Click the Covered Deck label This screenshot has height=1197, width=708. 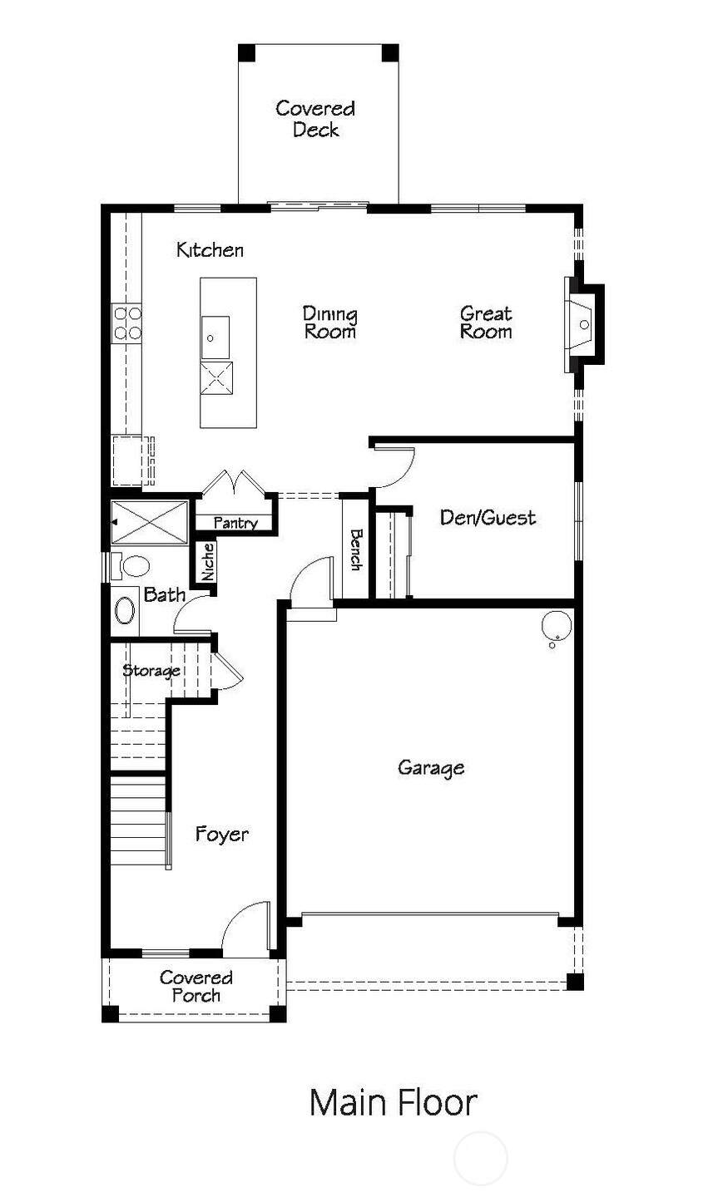(315, 119)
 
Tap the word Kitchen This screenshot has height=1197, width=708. (210, 250)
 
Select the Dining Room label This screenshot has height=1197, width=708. (330, 323)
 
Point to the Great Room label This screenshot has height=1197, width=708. (486, 323)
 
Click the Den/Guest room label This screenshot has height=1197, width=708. (488, 517)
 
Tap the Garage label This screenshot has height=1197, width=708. (431, 768)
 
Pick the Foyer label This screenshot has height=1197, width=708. (221, 835)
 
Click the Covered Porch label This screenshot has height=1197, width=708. (196, 987)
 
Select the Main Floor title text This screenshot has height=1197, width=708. (393, 1102)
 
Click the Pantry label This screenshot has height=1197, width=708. (235, 523)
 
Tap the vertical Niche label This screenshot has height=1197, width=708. (208, 562)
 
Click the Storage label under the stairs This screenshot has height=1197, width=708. (151, 671)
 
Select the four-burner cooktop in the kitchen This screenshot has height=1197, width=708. (126, 323)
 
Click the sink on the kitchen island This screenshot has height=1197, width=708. (215, 337)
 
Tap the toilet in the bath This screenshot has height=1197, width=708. (130, 566)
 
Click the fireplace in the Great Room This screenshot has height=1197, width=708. (584, 324)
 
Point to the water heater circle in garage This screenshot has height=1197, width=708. (556, 625)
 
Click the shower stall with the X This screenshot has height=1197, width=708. (149, 523)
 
